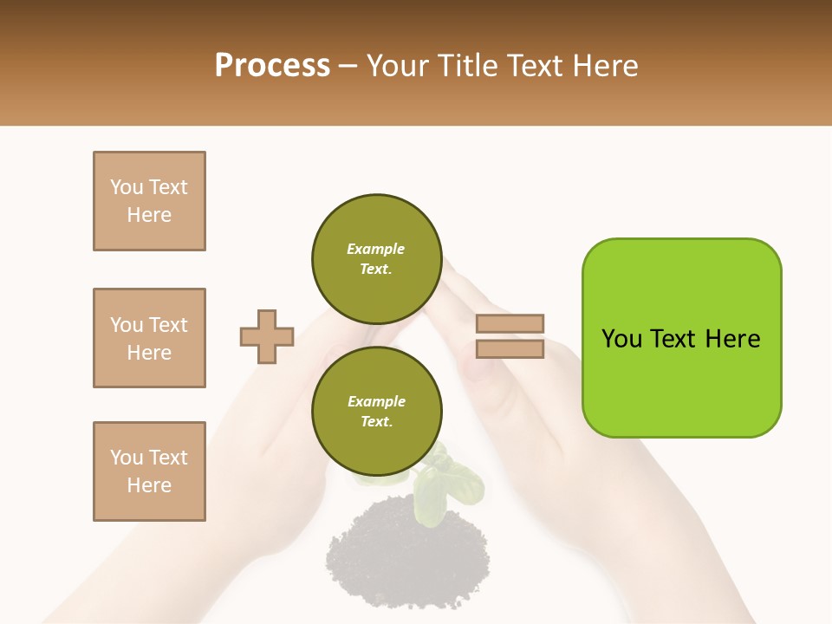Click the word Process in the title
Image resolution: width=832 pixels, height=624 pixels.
[272, 66]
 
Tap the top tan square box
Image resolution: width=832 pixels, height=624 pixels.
[149, 201]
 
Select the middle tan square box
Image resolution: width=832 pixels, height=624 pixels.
[149, 338]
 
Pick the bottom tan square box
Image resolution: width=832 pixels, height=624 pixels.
[149, 471]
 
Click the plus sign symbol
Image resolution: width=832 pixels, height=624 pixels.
[267, 336]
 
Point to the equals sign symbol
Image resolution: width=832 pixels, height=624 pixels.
[510, 336]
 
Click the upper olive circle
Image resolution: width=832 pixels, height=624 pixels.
[376, 258]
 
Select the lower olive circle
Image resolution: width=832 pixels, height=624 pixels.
[376, 411]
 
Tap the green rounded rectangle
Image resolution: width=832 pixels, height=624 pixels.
[681, 338]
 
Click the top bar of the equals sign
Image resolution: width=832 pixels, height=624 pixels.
[510, 323]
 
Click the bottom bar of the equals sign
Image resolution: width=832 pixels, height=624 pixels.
[510, 348]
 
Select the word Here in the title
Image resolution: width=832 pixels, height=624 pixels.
[605, 66]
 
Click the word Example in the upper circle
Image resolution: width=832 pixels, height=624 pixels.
[376, 249]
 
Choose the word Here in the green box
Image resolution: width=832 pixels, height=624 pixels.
[732, 339]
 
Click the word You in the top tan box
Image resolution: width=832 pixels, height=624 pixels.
[126, 187]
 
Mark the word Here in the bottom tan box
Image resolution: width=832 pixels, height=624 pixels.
[149, 485]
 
